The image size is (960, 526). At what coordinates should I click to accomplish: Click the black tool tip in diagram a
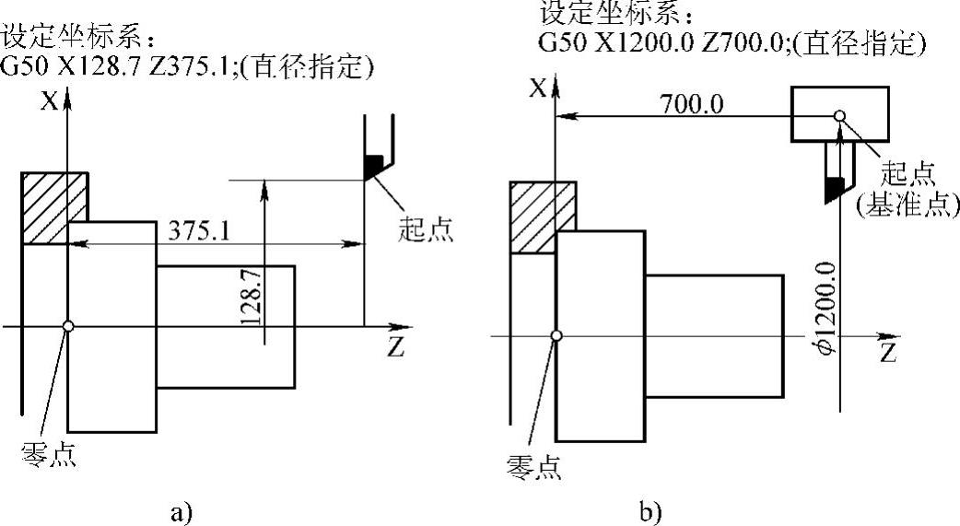coord(373,166)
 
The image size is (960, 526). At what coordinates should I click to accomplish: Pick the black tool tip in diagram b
coord(833,190)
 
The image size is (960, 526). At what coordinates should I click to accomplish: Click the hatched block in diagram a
coord(54,207)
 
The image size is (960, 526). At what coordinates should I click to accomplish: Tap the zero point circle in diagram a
coord(68,325)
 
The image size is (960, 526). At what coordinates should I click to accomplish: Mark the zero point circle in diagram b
coord(556,336)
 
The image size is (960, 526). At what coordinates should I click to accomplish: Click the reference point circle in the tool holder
coord(839,116)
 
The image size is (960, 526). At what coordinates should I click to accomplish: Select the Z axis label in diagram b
coord(887,353)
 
